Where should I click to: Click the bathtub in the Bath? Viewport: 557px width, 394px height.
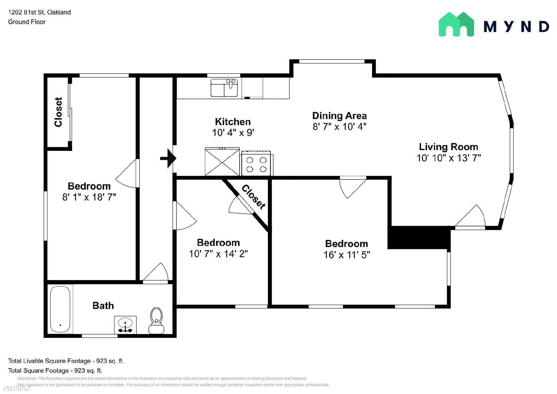pyautogui.click(x=60, y=309)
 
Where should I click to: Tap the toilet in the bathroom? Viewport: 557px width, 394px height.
pyautogui.click(x=156, y=320)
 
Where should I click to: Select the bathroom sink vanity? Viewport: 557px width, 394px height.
pyautogui.click(x=125, y=325)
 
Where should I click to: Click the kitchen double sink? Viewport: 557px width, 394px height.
pyautogui.click(x=224, y=88)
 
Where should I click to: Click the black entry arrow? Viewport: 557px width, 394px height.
pyautogui.click(x=168, y=158)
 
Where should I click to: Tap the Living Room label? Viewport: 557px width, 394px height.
pyautogui.click(x=448, y=147)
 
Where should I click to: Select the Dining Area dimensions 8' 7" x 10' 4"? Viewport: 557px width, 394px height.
pyautogui.click(x=339, y=126)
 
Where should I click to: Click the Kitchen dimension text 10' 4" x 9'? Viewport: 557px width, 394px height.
pyautogui.click(x=233, y=132)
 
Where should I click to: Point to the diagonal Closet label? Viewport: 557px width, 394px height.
pyautogui.click(x=253, y=197)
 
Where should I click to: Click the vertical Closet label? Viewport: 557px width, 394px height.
pyautogui.click(x=58, y=112)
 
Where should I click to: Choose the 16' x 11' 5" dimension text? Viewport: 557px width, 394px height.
pyautogui.click(x=347, y=255)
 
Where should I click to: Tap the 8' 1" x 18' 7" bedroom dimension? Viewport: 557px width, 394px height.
pyautogui.click(x=89, y=197)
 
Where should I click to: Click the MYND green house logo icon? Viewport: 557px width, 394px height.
pyautogui.click(x=456, y=24)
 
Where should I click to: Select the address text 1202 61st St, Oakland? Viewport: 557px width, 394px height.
pyautogui.click(x=40, y=12)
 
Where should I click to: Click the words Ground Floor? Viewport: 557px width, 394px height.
pyautogui.click(x=27, y=22)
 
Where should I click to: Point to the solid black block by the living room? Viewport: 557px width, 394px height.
pyautogui.click(x=419, y=237)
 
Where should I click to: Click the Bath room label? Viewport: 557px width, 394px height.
pyautogui.click(x=103, y=306)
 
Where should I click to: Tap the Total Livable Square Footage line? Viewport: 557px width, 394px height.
pyautogui.click(x=66, y=361)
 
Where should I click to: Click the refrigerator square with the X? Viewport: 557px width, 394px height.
pyautogui.click(x=222, y=162)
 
